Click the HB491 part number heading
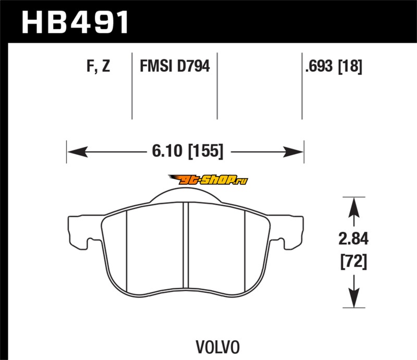coord(75,22)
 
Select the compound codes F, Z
coord(98,66)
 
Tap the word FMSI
coord(156,66)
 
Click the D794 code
coord(193,66)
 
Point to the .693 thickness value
coord(319,66)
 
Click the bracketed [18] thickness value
coord(350,66)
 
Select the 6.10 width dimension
coord(167,151)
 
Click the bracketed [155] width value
coord(205,151)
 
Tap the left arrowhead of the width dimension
coord(77,152)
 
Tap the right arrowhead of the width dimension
coord(293,152)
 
